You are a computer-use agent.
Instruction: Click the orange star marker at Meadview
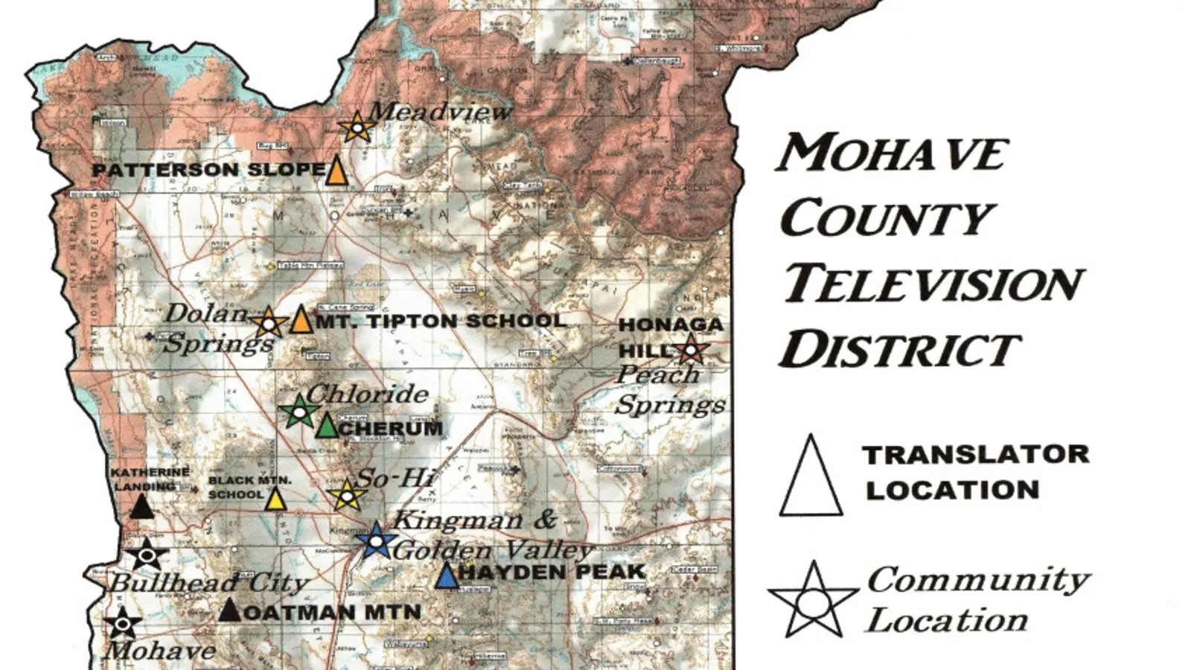357,128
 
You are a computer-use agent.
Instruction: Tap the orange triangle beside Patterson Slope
337,171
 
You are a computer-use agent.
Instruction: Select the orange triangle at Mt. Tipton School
301,320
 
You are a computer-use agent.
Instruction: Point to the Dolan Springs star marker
268,324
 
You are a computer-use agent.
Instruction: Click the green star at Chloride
298,411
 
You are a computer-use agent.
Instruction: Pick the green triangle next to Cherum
327,426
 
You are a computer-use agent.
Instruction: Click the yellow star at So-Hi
346,494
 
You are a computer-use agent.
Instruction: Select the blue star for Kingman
376,540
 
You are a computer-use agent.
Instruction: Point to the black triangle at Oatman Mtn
230,610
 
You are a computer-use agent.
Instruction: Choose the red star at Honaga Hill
692,348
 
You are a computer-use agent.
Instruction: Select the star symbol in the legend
814,601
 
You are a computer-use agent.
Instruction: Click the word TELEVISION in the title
933,284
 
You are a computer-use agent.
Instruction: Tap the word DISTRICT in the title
900,350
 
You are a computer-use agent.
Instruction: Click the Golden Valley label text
493,551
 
